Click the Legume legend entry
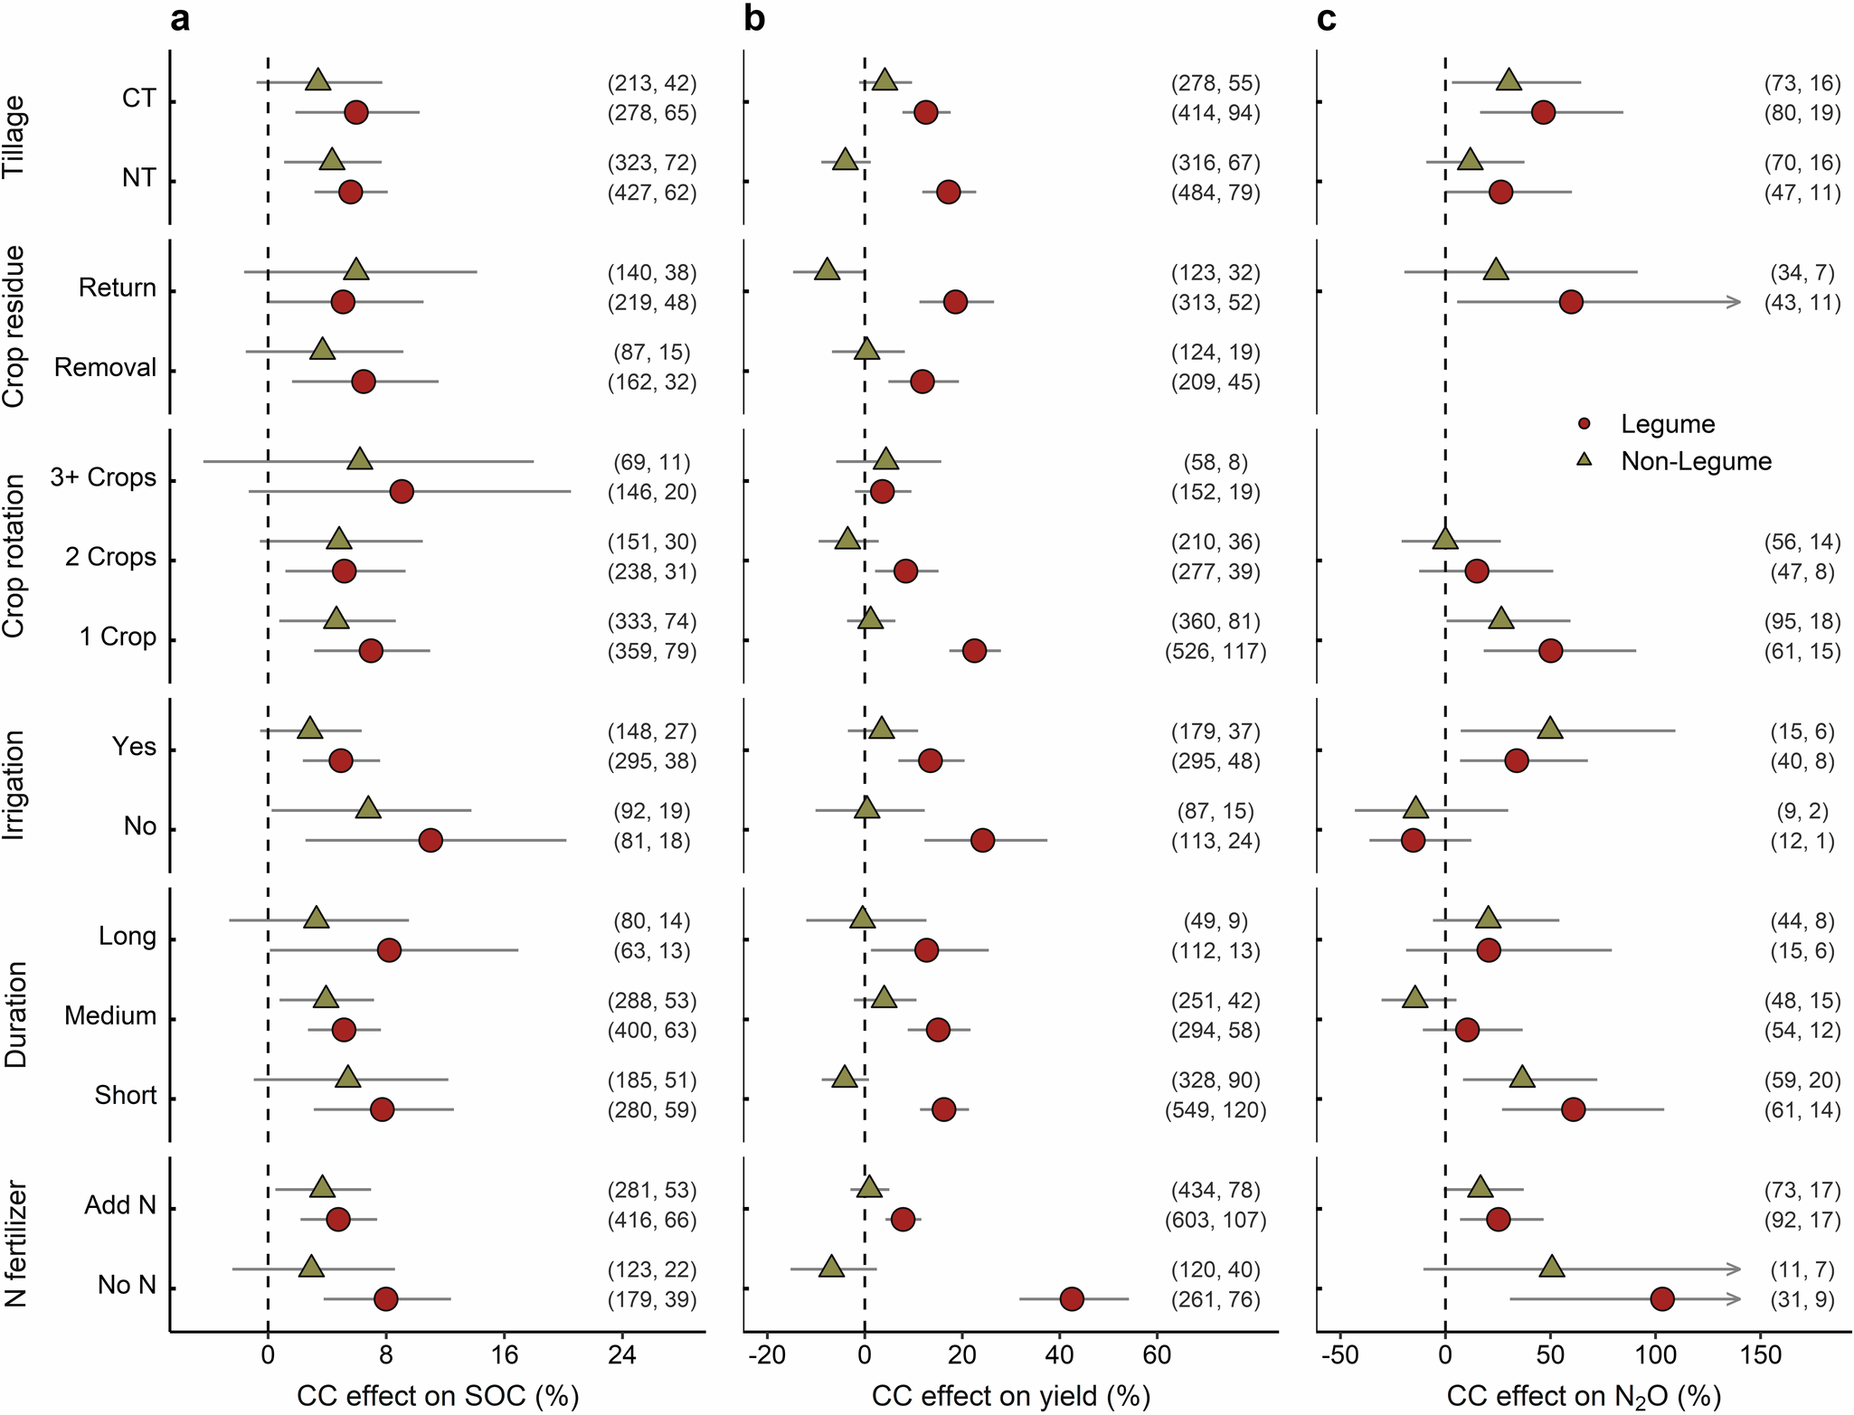click(1666, 424)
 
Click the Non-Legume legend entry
click(1694, 461)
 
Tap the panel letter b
click(754, 19)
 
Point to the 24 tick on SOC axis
click(622, 1354)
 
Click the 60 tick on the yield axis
click(1157, 1354)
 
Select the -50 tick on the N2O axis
click(1339, 1354)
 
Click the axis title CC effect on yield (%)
click(1010, 1396)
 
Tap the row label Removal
click(105, 367)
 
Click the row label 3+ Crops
click(103, 477)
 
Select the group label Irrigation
click(15, 786)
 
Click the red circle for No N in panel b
click(1072, 1299)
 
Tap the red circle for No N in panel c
click(1662, 1299)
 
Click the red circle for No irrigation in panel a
click(430, 841)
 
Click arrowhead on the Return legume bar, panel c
click(1735, 302)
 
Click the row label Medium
click(110, 1016)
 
